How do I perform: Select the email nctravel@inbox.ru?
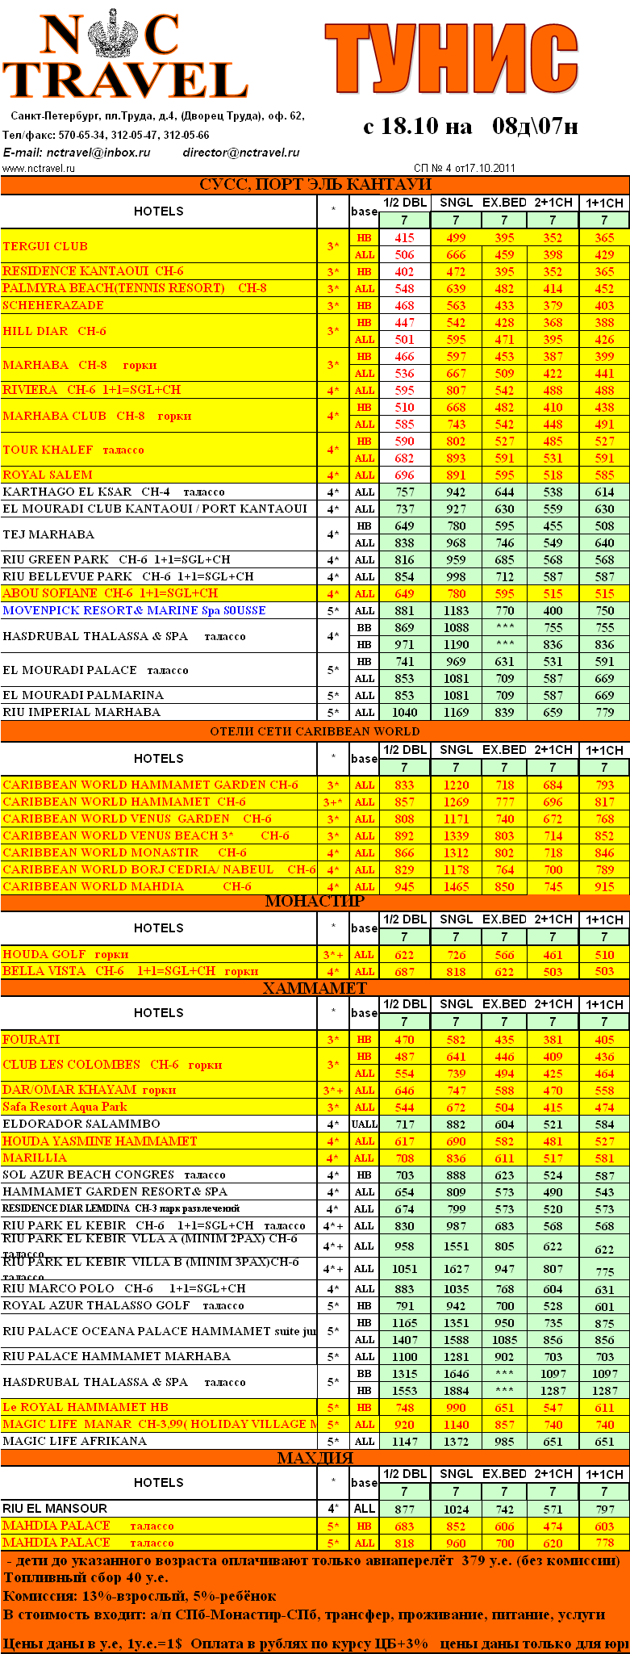[x=98, y=152]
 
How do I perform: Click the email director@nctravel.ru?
[x=241, y=152]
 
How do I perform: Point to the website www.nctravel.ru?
[x=39, y=169]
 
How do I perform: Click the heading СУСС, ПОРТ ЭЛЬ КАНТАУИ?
[x=315, y=185]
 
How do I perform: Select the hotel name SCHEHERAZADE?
[x=53, y=305]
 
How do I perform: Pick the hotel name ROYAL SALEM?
[x=48, y=475]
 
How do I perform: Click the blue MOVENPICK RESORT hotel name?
[x=134, y=610]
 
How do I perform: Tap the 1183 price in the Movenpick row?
[x=456, y=611]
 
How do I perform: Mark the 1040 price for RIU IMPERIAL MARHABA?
[x=404, y=712]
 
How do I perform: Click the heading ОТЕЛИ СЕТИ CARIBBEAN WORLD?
[x=315, y=731]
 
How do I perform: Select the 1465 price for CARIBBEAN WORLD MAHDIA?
[x=456, y=886]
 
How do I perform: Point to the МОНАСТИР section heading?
[x=315, y=902]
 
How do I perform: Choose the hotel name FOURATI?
[x=31, y=1039]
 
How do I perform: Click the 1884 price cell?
[x=456, y=1390]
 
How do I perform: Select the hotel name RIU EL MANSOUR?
[x=55, y=1508]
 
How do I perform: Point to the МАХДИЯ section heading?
[x=315, y=1458]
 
